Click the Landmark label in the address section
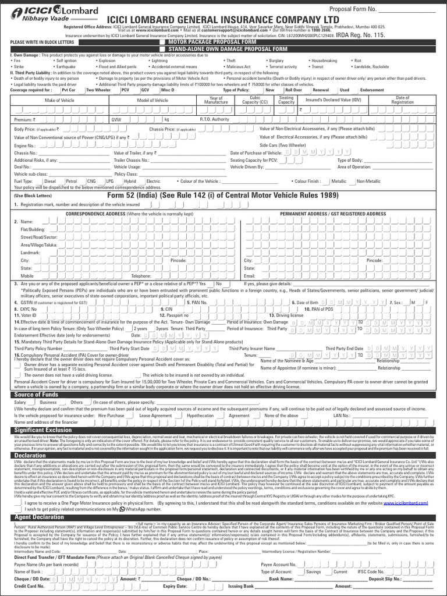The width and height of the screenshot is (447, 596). [x=31, y=253]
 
